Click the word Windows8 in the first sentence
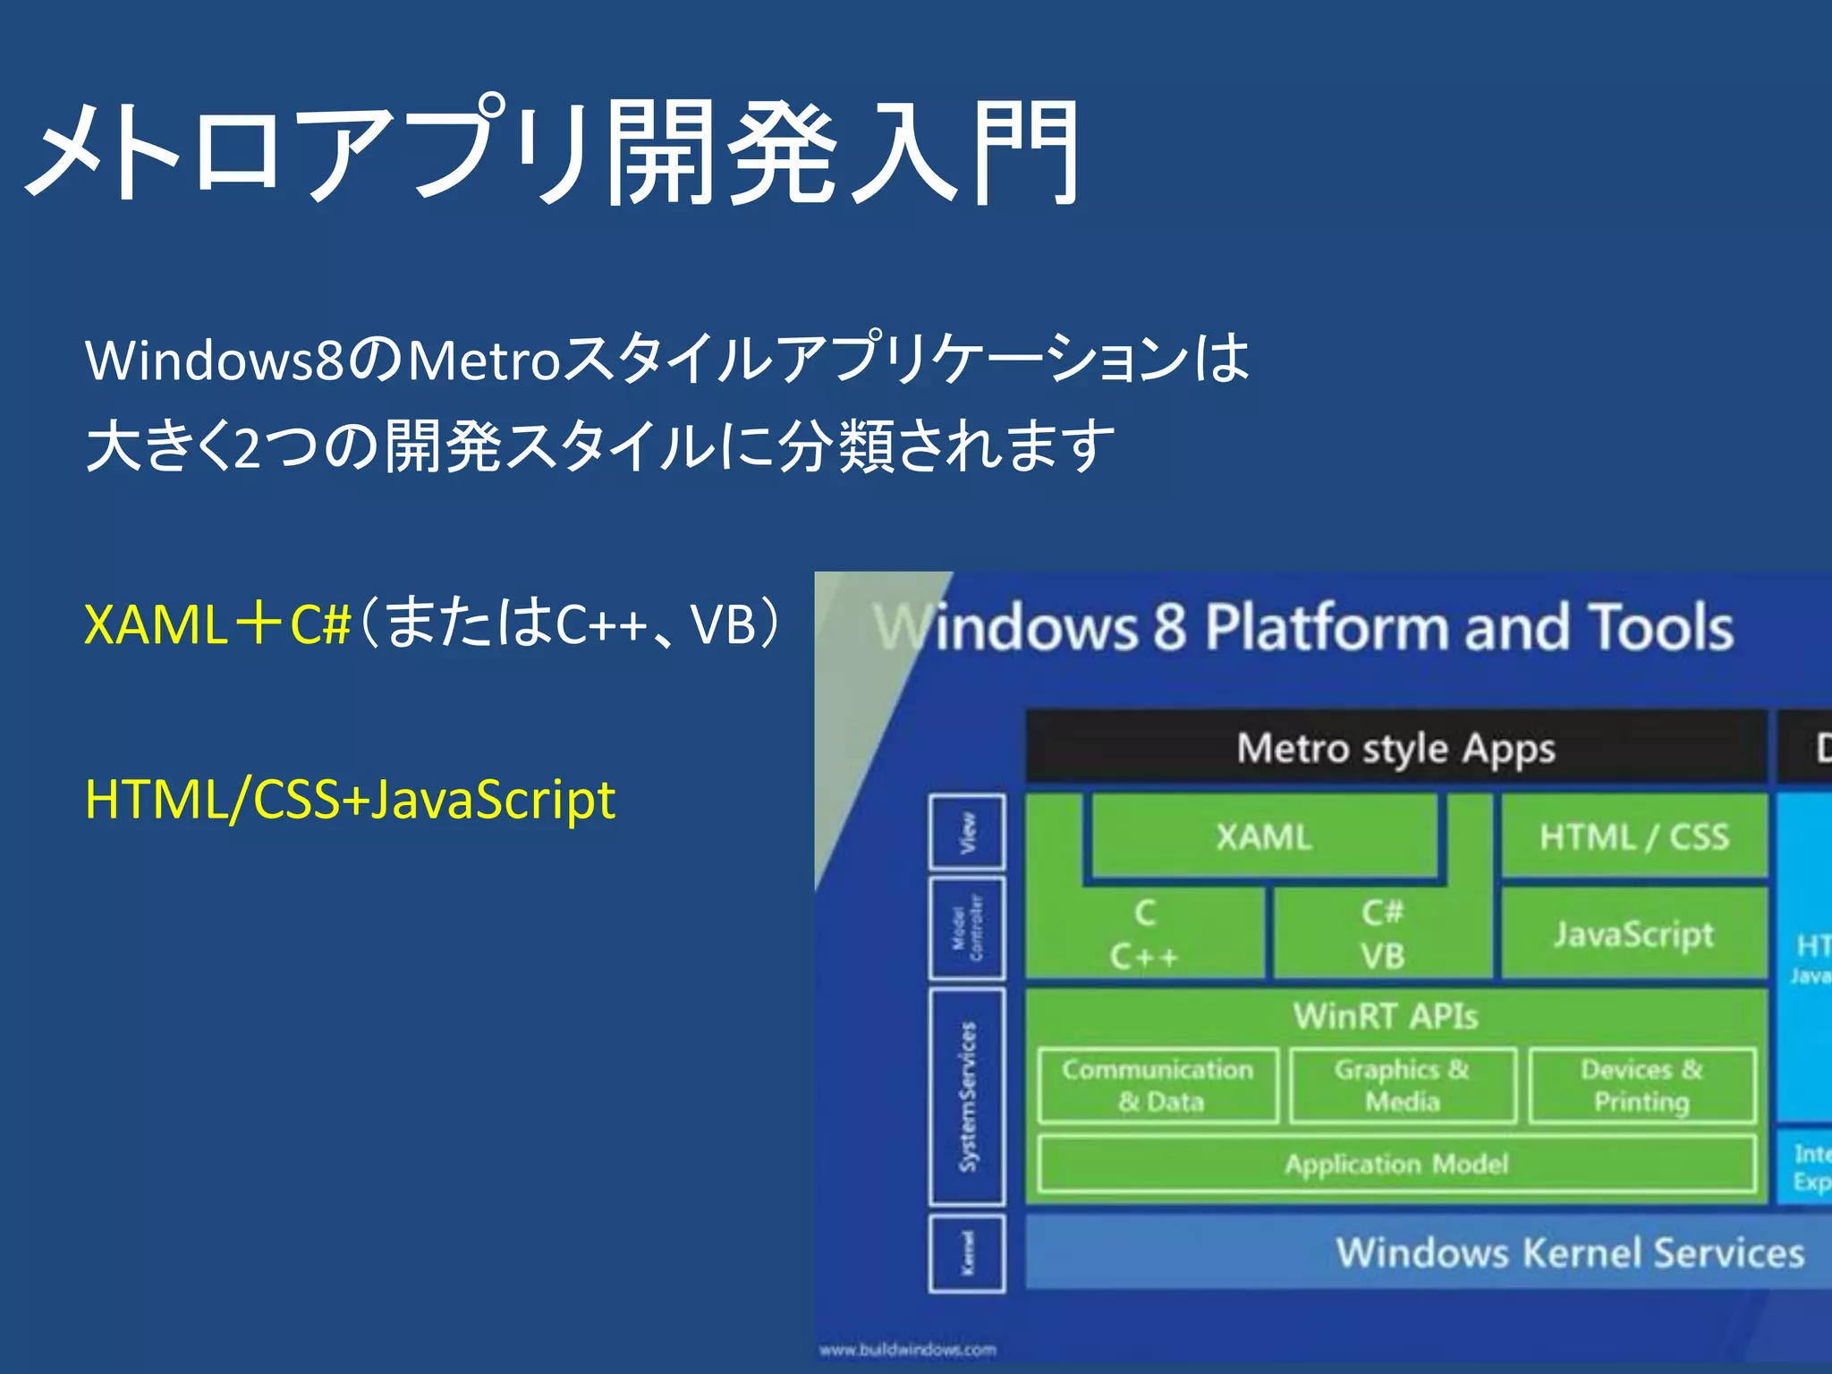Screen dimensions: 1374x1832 215,360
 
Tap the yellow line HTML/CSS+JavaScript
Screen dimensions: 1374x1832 350,800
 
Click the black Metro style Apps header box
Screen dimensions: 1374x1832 1395,748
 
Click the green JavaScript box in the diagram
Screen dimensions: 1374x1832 1633,934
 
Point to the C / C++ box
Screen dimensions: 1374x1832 1145,935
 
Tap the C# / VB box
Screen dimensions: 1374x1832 1382,935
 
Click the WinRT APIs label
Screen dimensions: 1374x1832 1385,1016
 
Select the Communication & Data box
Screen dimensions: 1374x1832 1158,1085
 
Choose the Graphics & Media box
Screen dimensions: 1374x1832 1402,1085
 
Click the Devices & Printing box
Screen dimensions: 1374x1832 1641,1085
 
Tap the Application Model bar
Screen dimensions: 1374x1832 1395,1164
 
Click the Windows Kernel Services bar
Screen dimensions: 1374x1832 1570,1252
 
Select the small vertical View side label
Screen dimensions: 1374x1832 967,832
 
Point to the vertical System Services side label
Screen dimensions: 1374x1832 967,1096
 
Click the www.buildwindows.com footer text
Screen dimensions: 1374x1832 907,1349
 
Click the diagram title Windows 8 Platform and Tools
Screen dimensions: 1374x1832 1303,626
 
